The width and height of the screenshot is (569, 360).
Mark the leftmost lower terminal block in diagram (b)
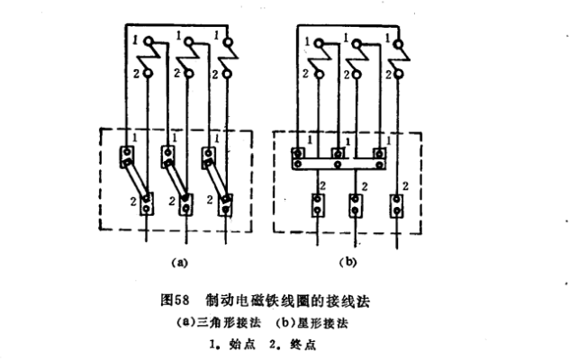point(316,206)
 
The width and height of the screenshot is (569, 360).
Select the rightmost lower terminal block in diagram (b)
point(396,205)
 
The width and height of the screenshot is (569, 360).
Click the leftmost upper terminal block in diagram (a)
point(127,157)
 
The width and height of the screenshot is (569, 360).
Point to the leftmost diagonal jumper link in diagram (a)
point(137,180)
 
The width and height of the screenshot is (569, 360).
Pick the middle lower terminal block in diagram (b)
point(356,206)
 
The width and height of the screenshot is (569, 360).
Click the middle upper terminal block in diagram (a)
point(168,157)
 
